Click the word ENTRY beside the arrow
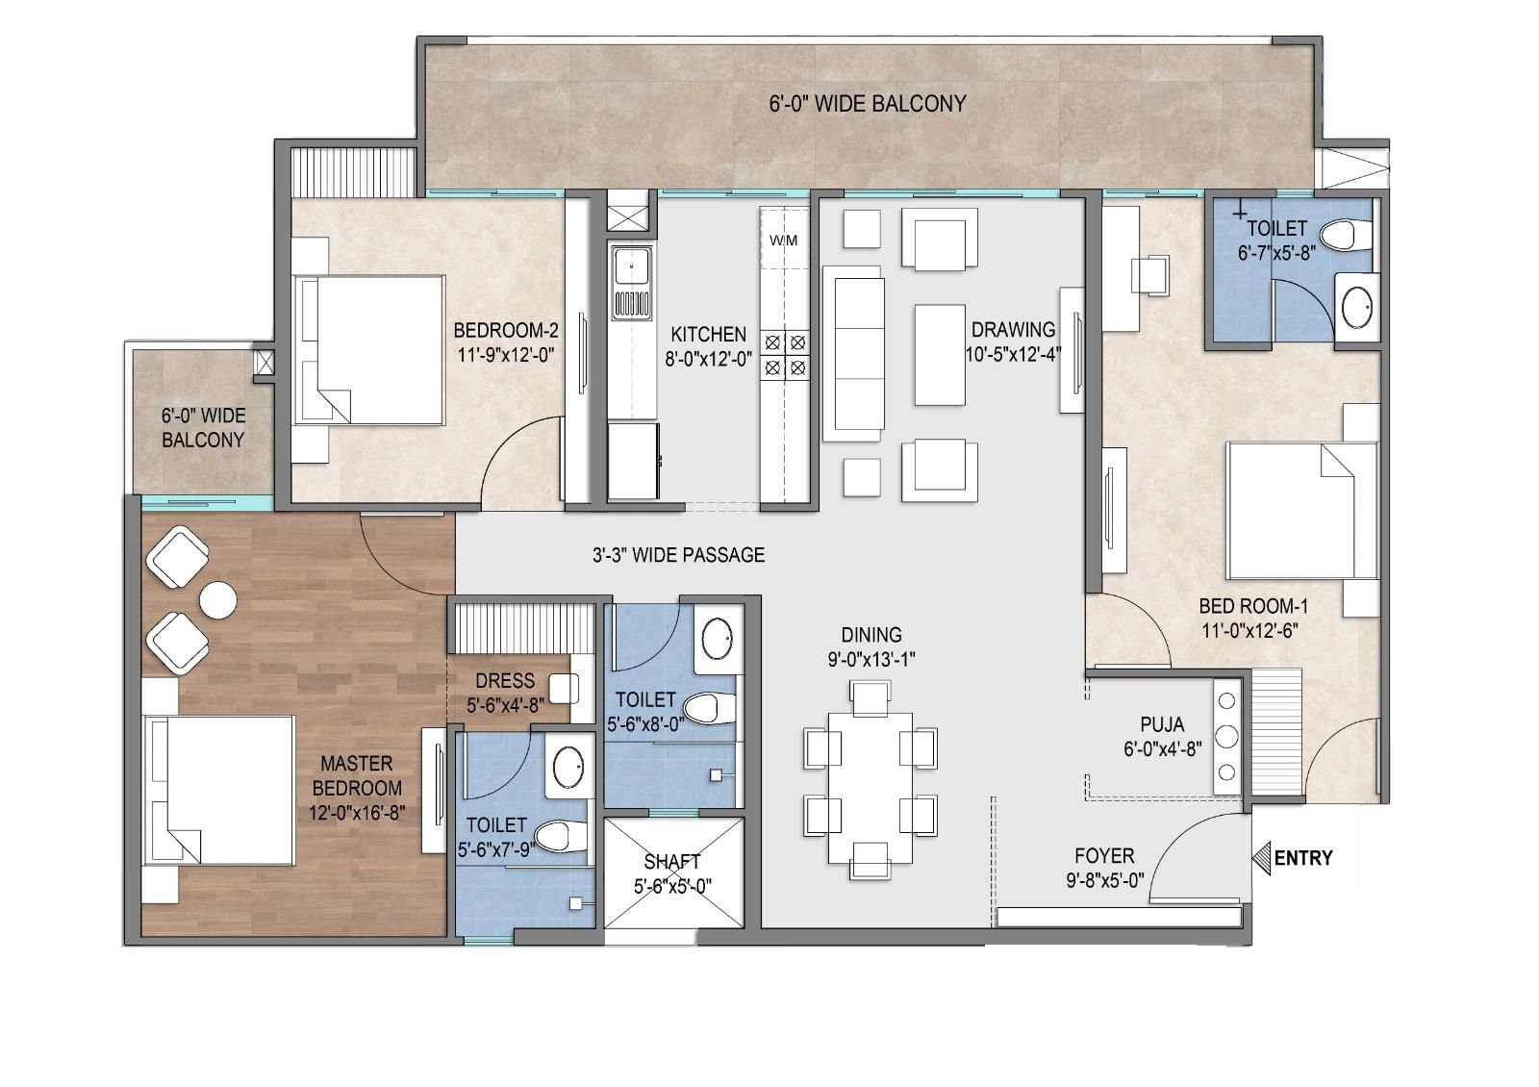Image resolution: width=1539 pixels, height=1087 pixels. click(x=1303, y=857)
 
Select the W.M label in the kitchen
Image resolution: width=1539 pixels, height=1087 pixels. click(x=783, y=240)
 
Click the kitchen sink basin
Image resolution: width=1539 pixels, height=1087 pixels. click(x=632, y=267)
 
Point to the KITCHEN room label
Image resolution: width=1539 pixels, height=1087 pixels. click(x=708, y=335)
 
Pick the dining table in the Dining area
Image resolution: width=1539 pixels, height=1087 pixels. click(x=870, y=788)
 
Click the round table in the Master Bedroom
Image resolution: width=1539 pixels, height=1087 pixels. click(x=218, y=600)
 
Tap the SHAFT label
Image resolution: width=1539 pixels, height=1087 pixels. click(x=672, y=862)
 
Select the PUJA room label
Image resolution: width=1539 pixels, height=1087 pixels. click(x=1163, y=724)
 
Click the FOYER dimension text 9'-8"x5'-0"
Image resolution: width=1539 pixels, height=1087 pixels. click(x=1105, y=880)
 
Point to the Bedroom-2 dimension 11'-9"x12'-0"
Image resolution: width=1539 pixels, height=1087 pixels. click(x=506, y=355)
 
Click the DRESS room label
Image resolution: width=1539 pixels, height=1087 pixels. click(x=505, y=681)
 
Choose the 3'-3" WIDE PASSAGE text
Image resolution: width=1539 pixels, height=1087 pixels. click(x=679, y=554)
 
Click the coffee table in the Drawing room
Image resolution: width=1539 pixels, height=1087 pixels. click(x=939, y=355)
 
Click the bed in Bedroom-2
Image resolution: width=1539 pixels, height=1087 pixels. click(x=368, y=350)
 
